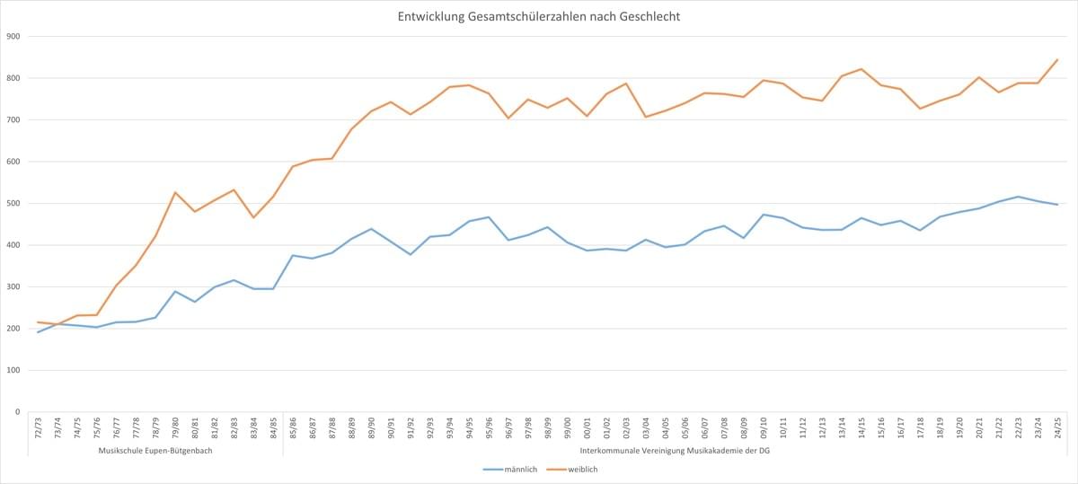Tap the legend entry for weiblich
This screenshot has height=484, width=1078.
tap(582, 469)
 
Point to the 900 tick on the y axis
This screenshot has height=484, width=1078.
tap(13, 37)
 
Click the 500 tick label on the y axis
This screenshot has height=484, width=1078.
tap(13, 204)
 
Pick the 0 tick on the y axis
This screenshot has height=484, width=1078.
tap(17, 412)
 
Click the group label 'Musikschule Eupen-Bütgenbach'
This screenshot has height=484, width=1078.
tap(155, 450)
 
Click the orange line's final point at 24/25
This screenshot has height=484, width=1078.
tap(1057, 60)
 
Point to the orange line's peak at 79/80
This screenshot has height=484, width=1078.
tap(175, 192)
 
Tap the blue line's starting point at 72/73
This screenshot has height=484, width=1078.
tap(38, 332)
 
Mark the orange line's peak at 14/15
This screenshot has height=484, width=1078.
tap(862, 69)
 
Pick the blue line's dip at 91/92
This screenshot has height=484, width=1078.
tap(411, 254)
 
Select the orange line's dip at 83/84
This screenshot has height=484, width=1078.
tap(253, 217)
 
